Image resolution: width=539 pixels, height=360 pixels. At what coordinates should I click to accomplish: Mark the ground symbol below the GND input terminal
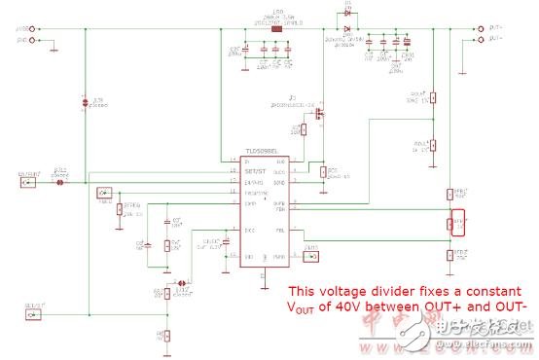pyautogui.click(x=56, y=47)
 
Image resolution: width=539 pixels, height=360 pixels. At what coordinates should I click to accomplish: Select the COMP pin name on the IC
pyautogui.click(x=250, y=205)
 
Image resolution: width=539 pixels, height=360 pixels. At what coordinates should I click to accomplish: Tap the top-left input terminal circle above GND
pyautogui.click(x=34, y=29)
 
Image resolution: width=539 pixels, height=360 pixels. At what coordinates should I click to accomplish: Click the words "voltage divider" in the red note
pyautogui.click(x=353, y=291)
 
